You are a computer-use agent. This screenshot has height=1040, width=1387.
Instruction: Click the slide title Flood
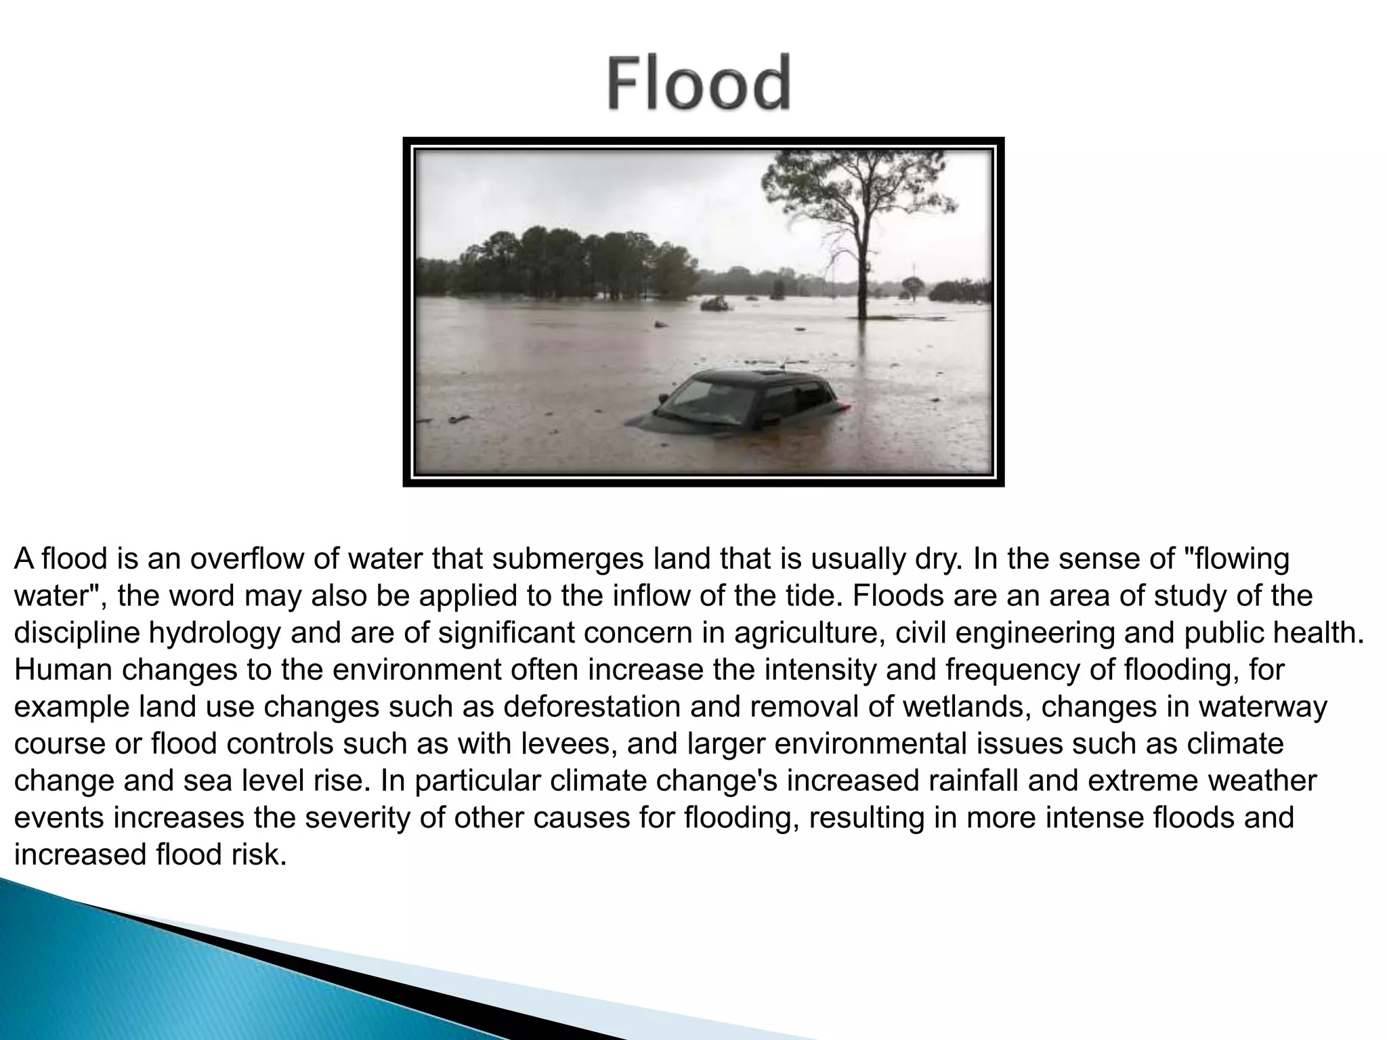coord(698,84)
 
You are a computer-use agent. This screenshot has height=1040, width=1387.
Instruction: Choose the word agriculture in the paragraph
coord(806,633)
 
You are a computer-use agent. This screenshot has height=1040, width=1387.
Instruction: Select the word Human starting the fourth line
coord(62,670)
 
